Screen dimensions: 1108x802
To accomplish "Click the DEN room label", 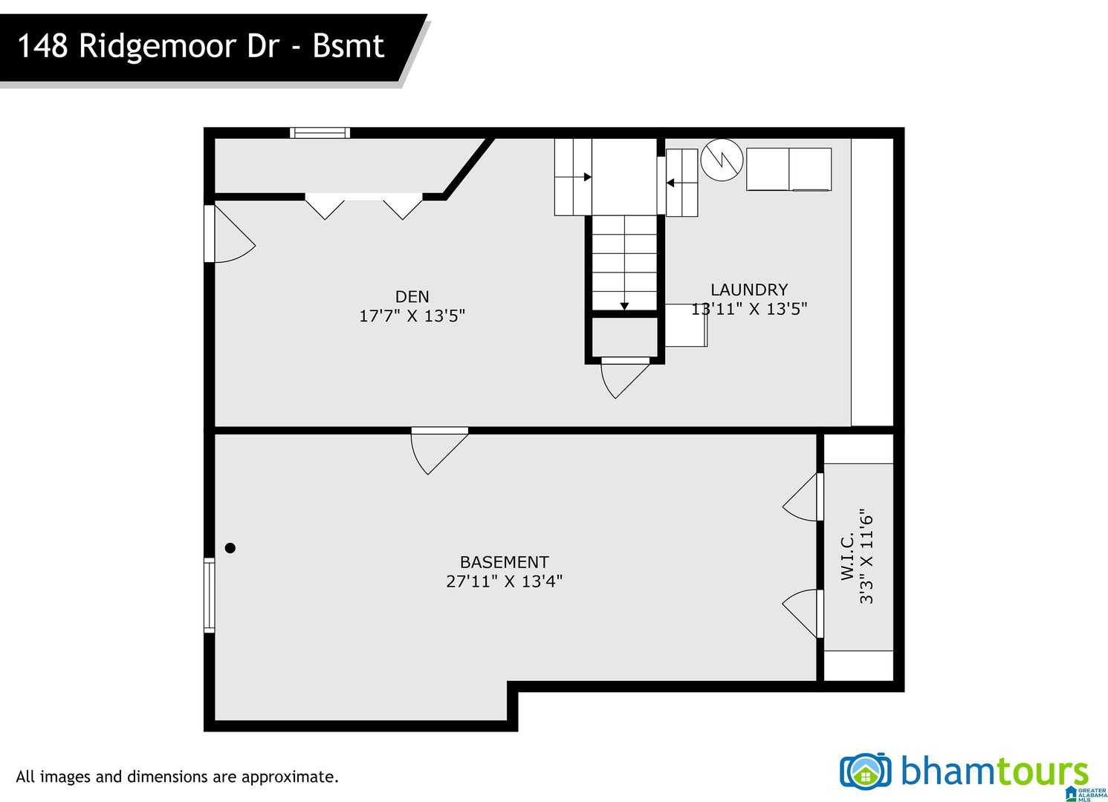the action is [x=412, y=296].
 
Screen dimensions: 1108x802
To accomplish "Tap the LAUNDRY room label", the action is [x=749, y=290].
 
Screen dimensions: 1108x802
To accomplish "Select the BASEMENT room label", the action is [x=504, y=562].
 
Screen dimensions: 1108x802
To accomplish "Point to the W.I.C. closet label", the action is [x=847, y=556].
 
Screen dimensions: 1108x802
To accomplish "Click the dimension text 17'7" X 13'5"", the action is [x=412, y=316].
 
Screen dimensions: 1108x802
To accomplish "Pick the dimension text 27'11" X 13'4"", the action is [x=504, y=581].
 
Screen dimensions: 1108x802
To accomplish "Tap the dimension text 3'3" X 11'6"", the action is [x=866, y=556].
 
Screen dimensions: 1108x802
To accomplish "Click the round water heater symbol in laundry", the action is [x=722, y=160].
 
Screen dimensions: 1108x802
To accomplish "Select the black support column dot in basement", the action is [x=230, y=547].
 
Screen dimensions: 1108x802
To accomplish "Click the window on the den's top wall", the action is [x=320, y=133].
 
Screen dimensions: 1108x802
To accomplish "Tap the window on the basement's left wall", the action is [x=210, y=596].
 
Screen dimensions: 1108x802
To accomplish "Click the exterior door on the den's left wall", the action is [x=230, y=233].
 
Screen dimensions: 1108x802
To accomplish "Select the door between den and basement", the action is [x=439, y=451].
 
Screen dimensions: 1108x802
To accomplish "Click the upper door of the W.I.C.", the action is [x=803, y=497].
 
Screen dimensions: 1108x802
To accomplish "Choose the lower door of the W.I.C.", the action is [x=803, y=613].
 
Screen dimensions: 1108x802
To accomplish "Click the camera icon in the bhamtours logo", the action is [x=866, y=770].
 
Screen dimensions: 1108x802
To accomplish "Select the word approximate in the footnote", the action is [x=291, y=777].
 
